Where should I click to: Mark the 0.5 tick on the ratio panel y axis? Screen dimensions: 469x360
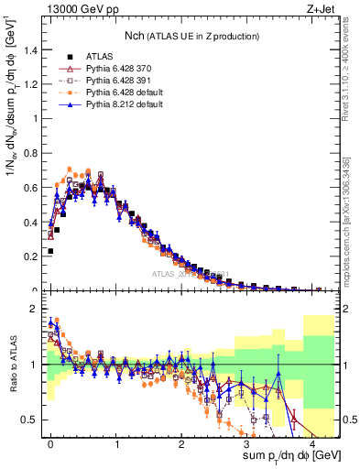30,420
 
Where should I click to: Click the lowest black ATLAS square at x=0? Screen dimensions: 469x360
50,250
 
